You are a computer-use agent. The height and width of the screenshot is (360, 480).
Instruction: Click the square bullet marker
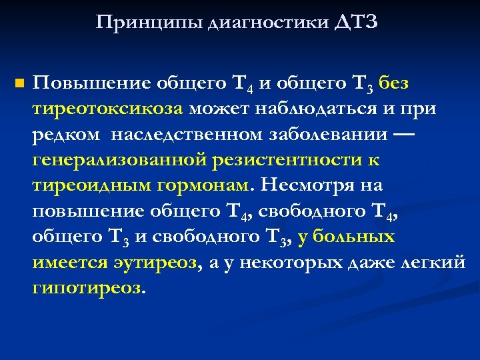[19, 84]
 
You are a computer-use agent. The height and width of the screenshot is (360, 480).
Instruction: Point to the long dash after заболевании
[402, 134]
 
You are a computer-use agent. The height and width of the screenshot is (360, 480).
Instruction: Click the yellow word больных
[354, 237]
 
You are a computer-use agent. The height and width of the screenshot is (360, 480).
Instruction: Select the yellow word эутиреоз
[154, 263]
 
